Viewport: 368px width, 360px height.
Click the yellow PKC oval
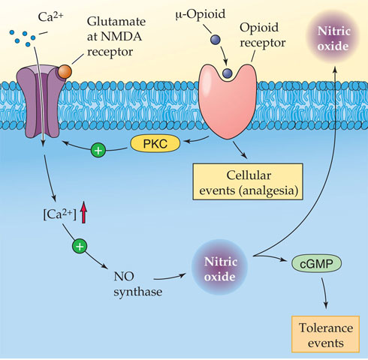click(155, 144)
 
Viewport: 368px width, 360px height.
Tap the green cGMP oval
click(316, 263)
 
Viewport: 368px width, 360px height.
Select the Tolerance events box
click(325, 334)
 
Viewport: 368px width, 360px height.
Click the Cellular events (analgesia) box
click(248, 181)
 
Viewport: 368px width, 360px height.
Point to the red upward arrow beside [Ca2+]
click(84, 212)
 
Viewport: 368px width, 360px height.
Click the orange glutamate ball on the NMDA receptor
click(65, 71)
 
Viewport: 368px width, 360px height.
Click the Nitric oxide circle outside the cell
click(333, 38)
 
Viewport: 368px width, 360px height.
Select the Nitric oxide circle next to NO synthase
click(219, 267)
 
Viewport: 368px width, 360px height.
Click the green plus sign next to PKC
click(98, 150)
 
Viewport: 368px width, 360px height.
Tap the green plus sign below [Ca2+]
click(80, 246)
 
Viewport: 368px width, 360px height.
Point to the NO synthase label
click(137, 283)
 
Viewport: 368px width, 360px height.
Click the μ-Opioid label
click(201, 14)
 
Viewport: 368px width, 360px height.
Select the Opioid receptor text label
click(263, 35)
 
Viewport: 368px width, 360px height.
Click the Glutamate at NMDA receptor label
click(116, 37)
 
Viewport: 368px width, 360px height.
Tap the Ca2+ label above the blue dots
click(50, 16)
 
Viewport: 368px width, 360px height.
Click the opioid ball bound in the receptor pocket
click(228, 73)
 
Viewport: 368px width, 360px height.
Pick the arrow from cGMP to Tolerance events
click(324, 293)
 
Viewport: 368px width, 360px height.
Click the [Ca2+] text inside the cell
click(59, 214)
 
